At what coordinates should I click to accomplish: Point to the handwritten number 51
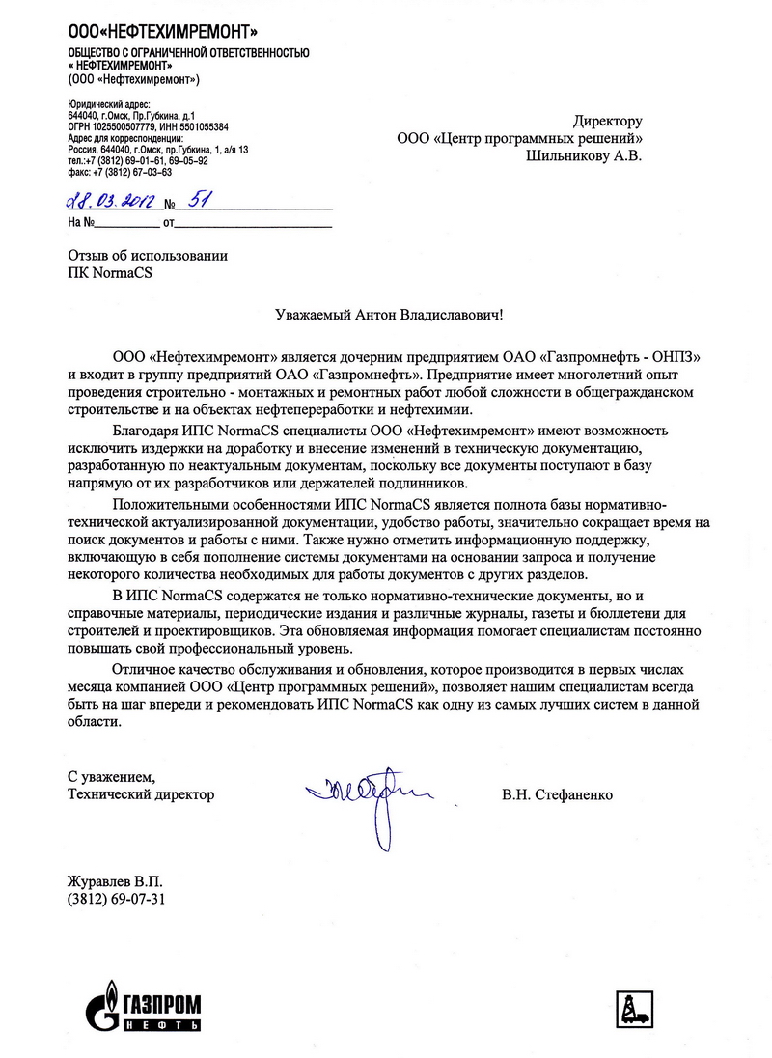click(201, 201)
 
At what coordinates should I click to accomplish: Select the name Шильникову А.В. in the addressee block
click(583, 153)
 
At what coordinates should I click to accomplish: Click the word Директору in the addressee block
click(607, 122)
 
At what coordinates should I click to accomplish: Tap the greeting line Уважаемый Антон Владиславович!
click(385, 315)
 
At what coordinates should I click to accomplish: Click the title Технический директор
click(141, 795)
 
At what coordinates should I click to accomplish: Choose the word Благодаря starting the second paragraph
click(146, 428)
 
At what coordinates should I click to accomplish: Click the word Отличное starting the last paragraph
click(144, 669)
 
